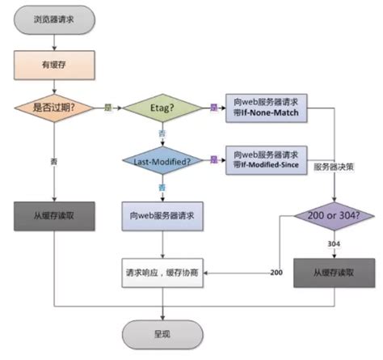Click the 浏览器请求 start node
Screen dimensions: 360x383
click(x=54, y=19)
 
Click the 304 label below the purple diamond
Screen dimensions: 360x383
click(x=334, y=244)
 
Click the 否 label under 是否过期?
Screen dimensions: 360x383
click(x=53, y=161)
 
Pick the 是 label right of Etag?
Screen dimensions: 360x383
click(x=213, y=107)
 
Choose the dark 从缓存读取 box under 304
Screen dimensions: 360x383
click(x=335, y=273)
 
